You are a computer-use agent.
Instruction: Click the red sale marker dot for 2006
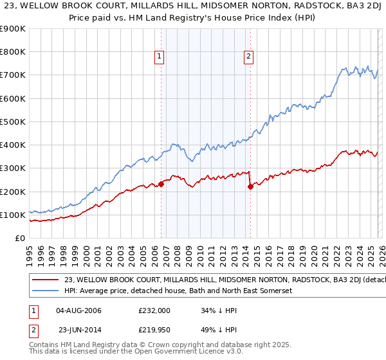click(161, 184)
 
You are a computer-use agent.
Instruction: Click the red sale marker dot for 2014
click(250, 187)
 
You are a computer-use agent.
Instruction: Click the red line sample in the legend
click(44, 280)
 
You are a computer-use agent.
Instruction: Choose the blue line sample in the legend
click(44, 291)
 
